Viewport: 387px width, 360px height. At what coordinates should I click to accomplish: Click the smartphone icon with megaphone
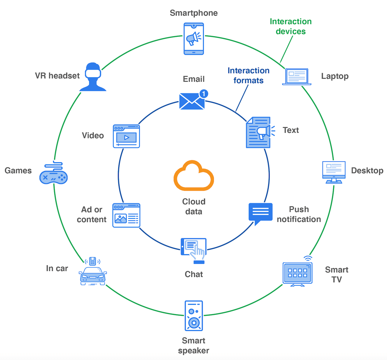[193, 39]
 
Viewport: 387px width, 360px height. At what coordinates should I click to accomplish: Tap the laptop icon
[296, 77]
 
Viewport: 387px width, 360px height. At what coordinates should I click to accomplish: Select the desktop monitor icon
[334, 172]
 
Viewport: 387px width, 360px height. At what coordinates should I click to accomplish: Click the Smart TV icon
[298, 273]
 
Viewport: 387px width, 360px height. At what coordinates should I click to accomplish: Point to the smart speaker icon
[194, 316]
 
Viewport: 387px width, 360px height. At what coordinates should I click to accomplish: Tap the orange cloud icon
[193, 176]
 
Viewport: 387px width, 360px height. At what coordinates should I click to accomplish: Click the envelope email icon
[192, 101]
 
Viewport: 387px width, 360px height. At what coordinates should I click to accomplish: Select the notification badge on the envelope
[204, 94]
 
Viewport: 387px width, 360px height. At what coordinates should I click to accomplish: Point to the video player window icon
[126, 136]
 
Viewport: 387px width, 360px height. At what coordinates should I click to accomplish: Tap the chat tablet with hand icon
[194, 250]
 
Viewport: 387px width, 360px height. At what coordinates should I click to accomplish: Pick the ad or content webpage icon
[126, 215]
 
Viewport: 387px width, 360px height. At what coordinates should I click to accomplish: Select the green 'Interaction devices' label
[290, 26]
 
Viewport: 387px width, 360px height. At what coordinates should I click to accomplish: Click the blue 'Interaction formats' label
[248, 75]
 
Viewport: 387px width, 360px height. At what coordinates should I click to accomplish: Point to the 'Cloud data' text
[193, 206]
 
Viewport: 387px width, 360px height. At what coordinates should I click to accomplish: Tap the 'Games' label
[18, 170]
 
